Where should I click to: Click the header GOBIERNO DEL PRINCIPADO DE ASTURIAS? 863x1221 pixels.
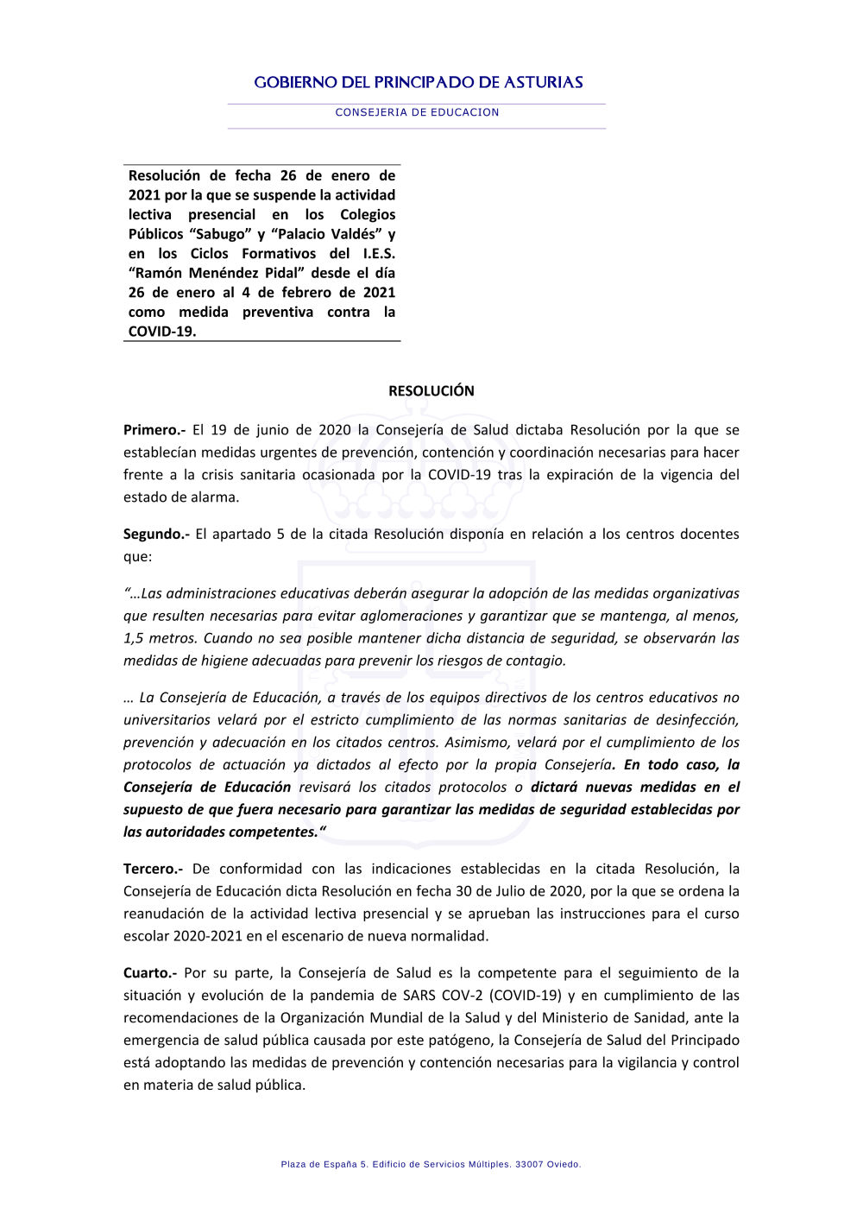pyautogui.click(x=419, y=83)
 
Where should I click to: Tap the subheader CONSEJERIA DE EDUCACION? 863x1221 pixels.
pyautogui.click(x=417, y=112)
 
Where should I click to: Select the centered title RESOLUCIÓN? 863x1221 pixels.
pyautogui.click(x=431, y=391)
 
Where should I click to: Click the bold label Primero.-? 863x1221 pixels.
pyautogui.click(x=154, y=430)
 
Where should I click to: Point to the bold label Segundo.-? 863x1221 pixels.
pyautogui.click(x=156, y=535)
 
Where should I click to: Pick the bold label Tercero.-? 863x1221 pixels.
pyautogui.click(x=153, y=870)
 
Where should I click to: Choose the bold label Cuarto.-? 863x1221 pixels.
pyautogui.click(x=150, y=973)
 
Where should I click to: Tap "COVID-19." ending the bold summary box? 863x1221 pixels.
pyautogui.click(x=162, y=332)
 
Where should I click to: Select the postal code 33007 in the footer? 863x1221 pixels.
pyautogui.click(x=529, y=1165)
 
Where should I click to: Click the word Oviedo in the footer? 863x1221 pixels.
pyautogui.click(x=564, y=1165)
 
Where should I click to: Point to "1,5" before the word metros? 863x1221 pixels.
pyautogui.click(x=134, y=639)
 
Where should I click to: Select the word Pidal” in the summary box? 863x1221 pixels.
pyautogui.click(x=277, y=274)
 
